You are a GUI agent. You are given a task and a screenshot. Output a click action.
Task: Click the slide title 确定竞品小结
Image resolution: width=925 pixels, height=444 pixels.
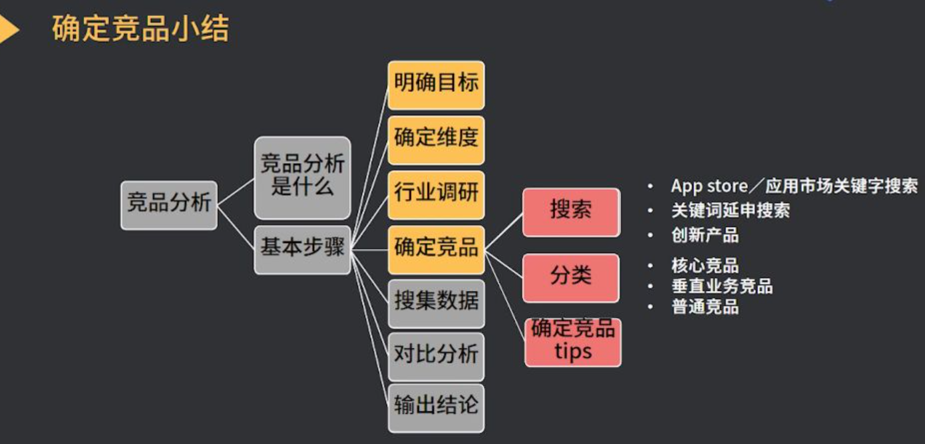140,30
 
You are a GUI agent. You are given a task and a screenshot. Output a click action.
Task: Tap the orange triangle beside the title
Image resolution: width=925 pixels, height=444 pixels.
9,30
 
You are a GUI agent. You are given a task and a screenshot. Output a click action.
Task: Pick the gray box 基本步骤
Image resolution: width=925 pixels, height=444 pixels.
302,250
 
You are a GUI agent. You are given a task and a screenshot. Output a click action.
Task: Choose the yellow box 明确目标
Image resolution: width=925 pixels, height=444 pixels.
436,85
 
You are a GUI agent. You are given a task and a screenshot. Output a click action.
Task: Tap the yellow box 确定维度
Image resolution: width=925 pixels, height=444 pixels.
436,140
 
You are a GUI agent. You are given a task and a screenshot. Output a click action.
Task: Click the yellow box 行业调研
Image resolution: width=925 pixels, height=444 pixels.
436,194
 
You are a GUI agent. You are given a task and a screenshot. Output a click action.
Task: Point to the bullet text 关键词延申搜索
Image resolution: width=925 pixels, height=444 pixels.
730,211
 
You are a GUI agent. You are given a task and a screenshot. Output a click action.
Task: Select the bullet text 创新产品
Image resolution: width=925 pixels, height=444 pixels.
705,235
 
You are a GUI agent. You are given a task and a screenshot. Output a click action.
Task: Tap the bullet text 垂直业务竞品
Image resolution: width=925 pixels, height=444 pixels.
721,287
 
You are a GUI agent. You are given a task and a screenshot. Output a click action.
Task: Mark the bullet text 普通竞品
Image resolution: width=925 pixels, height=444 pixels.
705,308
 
